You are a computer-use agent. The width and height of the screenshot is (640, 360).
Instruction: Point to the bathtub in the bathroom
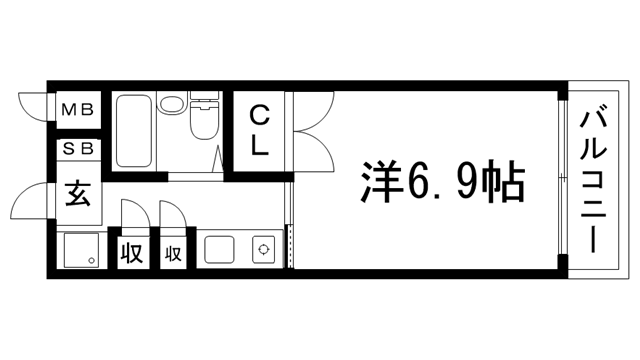[133, 132]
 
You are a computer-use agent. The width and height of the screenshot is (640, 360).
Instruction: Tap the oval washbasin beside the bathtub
[171, 104]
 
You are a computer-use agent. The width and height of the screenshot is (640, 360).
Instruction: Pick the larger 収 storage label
[131, 253]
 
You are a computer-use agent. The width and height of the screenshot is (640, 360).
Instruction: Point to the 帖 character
[502, 183]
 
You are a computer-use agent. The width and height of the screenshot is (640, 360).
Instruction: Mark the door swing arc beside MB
[32, 103]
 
